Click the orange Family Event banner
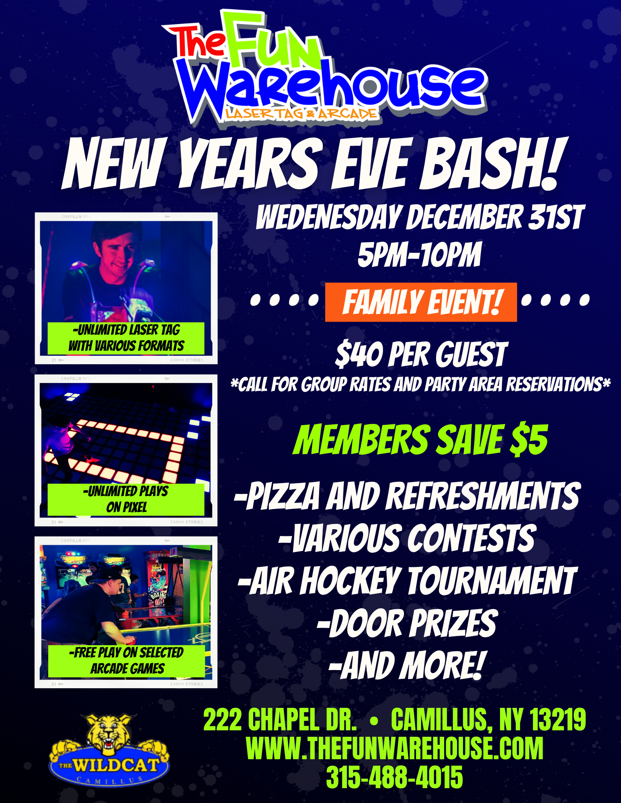pos(421,302)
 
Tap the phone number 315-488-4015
pos(394,777)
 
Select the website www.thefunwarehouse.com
pos(394,748)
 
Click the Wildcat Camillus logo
pos(109,749)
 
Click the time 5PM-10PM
pos(419,255)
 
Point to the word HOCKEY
pos(350,581)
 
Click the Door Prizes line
pos(407,623)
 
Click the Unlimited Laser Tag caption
pos(126,338)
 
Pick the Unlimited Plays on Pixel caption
pos(126,499)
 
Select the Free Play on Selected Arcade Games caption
pos(126,661)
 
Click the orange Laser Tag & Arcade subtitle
pos(301,114)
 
